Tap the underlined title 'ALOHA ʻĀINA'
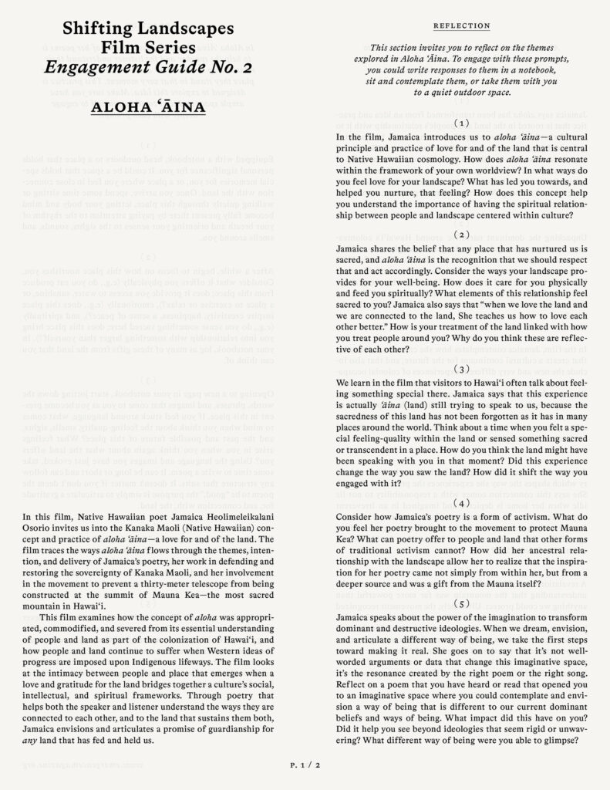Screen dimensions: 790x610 147,106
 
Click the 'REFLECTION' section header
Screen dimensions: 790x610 462,25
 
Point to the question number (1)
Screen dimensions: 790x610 462,123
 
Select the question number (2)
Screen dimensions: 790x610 462,233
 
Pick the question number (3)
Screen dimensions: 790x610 462,369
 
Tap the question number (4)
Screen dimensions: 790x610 462,503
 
